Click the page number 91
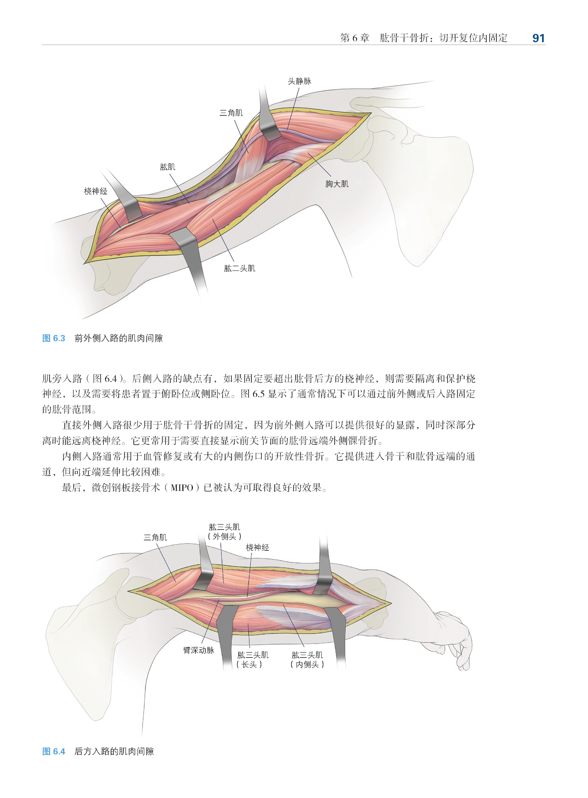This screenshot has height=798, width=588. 538,38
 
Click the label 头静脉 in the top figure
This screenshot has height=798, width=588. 299,82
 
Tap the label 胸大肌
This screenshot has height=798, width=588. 337,184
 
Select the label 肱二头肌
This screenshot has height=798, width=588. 239,268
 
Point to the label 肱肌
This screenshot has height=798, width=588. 167,167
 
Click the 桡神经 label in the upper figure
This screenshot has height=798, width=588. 96,191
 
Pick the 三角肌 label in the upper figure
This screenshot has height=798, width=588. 231,113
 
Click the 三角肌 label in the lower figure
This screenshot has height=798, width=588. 155,537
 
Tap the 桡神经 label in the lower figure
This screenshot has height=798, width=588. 257,547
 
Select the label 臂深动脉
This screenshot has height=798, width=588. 199,650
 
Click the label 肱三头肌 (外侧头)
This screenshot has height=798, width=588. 225,532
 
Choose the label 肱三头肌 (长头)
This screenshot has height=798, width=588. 253,660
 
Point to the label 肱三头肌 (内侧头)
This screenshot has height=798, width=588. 307,660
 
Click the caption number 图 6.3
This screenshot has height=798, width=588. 54,338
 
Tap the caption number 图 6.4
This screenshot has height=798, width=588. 54,752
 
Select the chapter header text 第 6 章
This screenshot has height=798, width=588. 354,38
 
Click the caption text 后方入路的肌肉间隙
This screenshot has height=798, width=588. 114,752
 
